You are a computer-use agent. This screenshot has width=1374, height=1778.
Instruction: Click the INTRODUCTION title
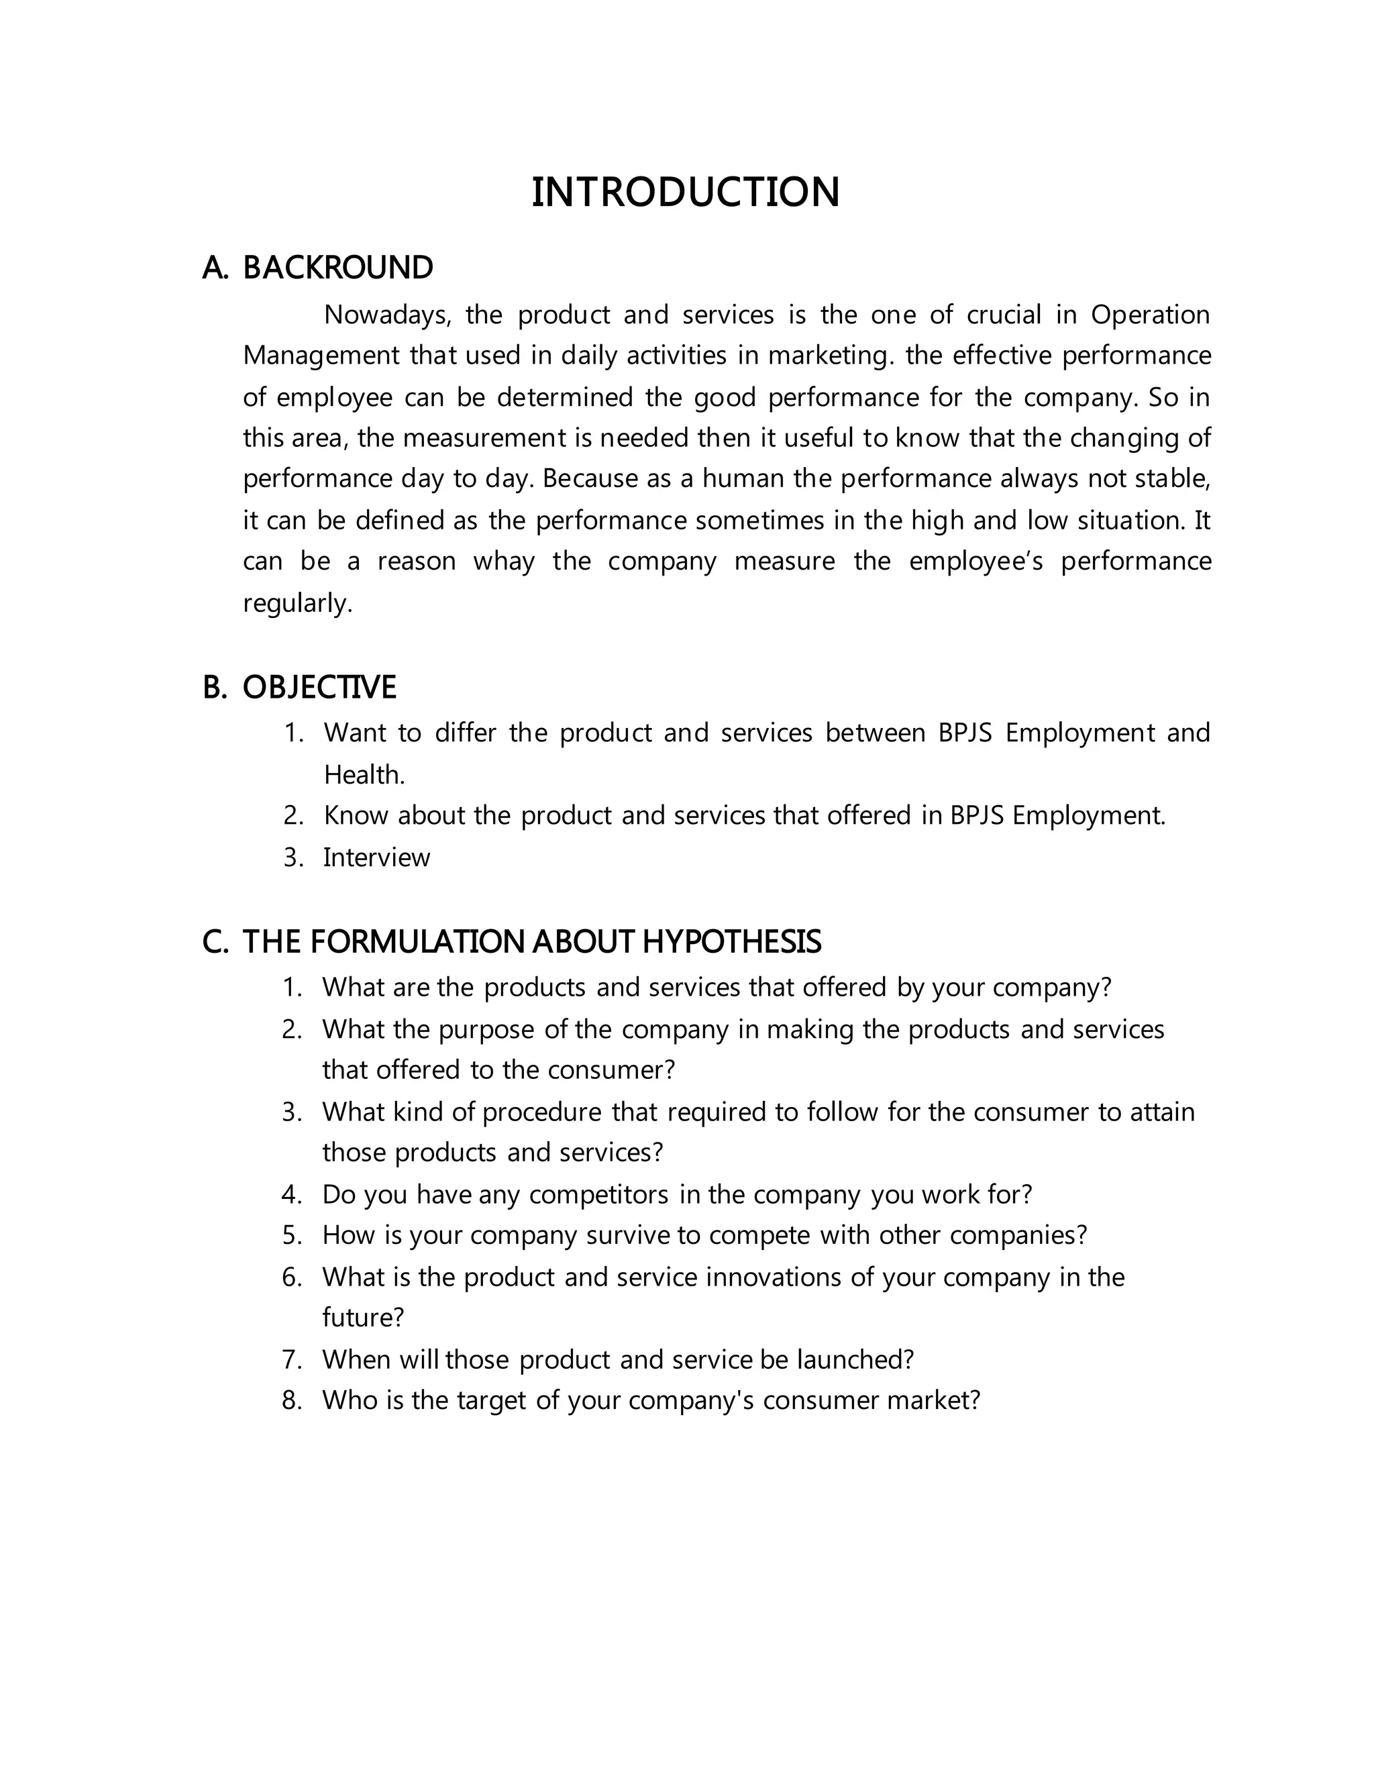(x=686, y=193)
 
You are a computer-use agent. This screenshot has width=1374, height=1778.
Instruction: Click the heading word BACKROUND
(x=338, y=268)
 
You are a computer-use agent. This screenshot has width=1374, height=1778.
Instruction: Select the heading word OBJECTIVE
(x=319, y=688)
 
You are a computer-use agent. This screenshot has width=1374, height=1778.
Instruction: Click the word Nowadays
(x=386, y=315)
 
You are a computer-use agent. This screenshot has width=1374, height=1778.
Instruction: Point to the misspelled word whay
(x=503, y=562)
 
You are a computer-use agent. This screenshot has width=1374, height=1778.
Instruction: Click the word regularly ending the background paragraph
(x=297, y=603)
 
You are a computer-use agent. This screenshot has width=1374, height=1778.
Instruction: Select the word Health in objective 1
(x=363, y=775)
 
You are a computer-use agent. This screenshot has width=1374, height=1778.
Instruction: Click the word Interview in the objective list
(x=376, y=858)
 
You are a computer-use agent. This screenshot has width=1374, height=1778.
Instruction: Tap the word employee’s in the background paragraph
(x=975, y=562)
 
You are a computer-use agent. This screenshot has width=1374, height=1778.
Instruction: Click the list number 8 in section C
(x=291, y=1400)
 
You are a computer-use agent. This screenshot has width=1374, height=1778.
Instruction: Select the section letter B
(x=213, y=688)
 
